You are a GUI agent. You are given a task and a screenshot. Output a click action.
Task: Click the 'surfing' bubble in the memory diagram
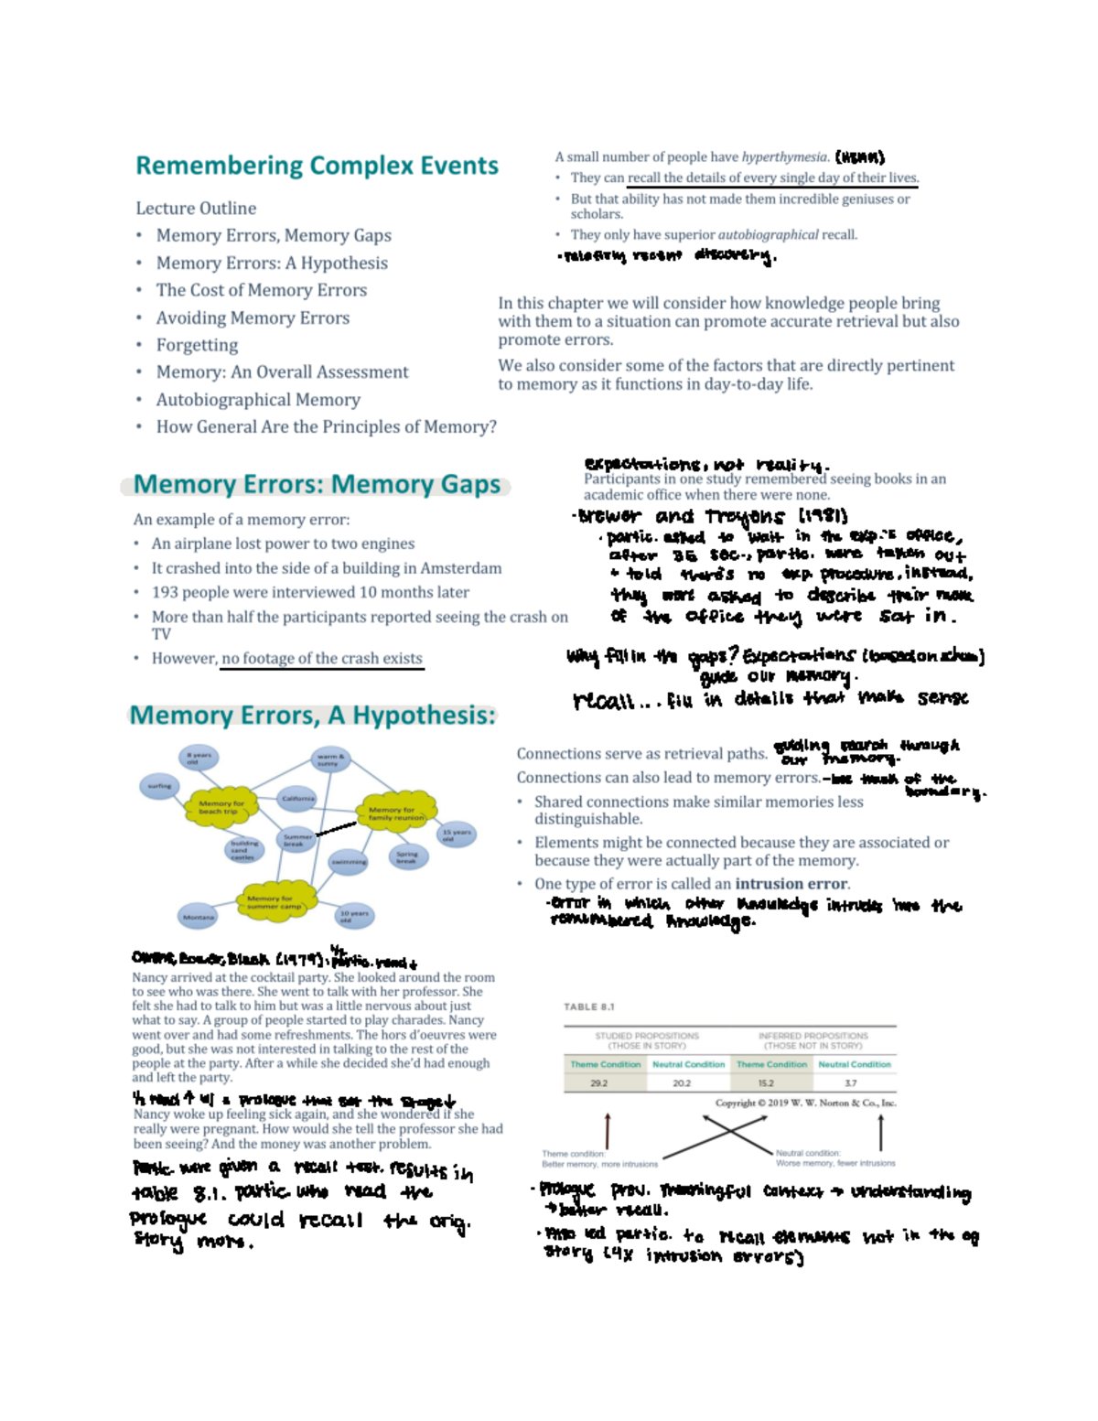click(159, 786)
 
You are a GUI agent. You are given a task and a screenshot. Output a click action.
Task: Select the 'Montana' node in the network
click(198, 917)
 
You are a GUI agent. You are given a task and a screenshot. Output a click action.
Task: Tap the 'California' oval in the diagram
click(298, 799)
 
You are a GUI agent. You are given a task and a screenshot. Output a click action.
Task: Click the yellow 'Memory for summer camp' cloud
click(274, 901)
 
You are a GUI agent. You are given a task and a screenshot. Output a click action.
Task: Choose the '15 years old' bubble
click(456, 834)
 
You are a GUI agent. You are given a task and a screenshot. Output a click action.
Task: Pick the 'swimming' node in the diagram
click(349, 862)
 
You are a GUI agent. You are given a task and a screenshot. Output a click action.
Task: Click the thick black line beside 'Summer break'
click(336, 829)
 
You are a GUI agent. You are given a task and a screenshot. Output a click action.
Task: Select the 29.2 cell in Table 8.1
click(598, 1083)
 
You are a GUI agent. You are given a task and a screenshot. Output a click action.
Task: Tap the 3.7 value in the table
click(851, 1083)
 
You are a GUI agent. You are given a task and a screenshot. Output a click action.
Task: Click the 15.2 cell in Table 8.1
click(766, 1083)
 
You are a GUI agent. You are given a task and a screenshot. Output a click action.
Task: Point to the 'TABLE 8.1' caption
click(588, 1007)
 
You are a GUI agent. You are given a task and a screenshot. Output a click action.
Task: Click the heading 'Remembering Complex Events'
click(317, 166)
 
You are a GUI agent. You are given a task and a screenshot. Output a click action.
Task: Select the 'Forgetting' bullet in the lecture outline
click(197, 345)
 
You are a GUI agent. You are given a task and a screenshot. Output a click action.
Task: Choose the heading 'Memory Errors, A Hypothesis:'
click(312, 715)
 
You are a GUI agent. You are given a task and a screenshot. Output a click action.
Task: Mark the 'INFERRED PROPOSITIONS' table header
click(813, 1036)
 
